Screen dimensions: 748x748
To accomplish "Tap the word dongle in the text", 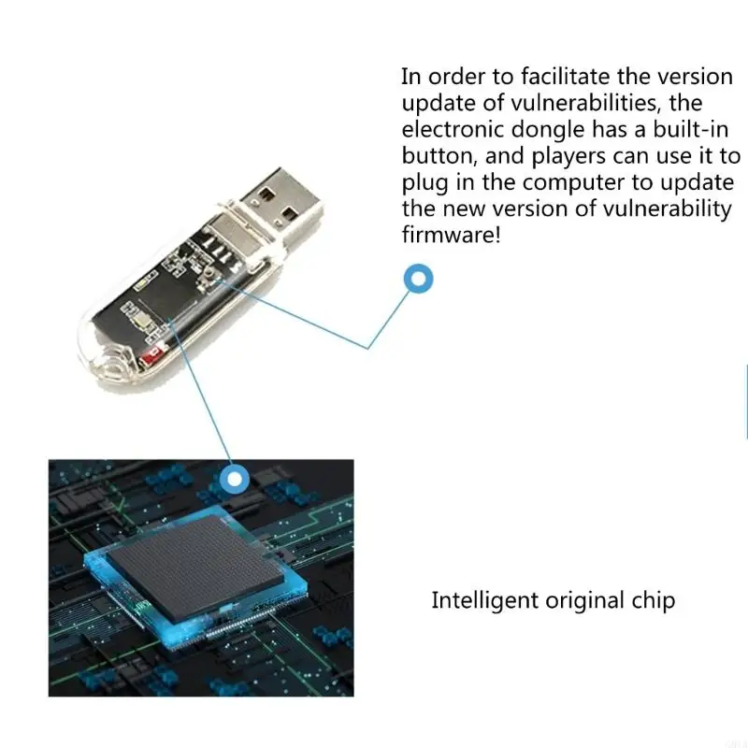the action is click(548, 131).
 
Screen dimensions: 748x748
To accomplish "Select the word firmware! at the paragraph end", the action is click(451, 235).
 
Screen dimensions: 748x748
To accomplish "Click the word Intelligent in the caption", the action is click(484, 601).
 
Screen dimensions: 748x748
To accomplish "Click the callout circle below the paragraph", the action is click(418, 278).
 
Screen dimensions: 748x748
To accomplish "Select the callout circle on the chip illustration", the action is click(235, 478).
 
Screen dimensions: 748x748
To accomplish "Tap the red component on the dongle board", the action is click(153, 354).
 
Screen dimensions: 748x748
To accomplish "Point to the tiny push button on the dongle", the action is click(209, 274).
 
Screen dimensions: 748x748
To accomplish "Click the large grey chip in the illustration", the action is click(196, 567).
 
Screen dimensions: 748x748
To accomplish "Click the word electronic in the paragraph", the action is click(453, 129).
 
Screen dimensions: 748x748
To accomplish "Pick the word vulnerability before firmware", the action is click(667, 209).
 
